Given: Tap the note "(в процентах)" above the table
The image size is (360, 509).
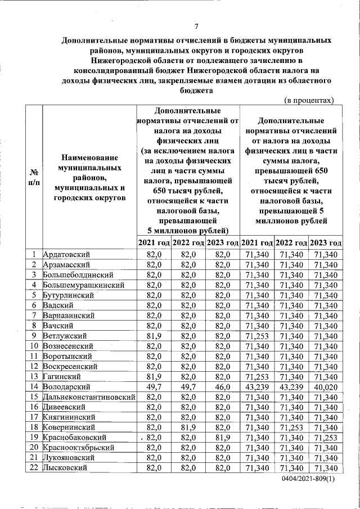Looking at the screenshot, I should (309, 100).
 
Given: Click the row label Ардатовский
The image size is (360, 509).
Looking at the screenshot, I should (66, 255).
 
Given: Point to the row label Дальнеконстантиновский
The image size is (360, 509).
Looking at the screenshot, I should (89, 397).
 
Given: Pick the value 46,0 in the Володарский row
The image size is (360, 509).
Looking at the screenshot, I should (222, 387).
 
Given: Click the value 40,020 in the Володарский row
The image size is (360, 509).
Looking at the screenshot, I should (326, 387).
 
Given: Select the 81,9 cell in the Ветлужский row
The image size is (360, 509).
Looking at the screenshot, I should (154, 336).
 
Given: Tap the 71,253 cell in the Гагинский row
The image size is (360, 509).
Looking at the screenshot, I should (256, 376).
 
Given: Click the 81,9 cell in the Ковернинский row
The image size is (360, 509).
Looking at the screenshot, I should (188, 427).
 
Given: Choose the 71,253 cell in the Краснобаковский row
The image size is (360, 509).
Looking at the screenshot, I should (326, 438).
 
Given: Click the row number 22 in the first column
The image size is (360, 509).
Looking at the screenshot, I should (34, 468).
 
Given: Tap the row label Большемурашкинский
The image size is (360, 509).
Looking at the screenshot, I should (83, 285).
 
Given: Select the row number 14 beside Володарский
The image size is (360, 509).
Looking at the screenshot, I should (34, 387).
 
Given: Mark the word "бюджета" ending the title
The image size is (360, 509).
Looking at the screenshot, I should (196, 90).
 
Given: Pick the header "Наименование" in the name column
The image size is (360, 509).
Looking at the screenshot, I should (89, 157).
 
